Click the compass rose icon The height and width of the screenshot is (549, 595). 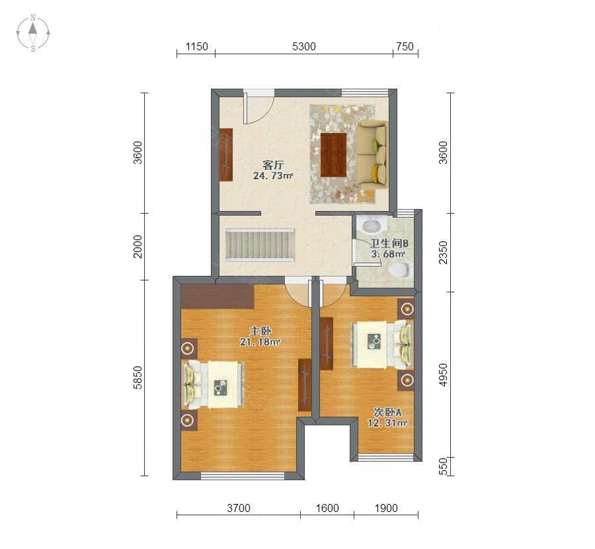click(x=33, y=32)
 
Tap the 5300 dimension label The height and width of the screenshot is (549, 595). click(x=304, y=46)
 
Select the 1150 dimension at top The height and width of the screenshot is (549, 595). click(x=196, y=46)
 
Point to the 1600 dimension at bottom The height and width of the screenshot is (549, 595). click(x=327, y=508)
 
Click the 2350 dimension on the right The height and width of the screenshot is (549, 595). click(x=443, y=252)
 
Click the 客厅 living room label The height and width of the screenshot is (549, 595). click(x=273, y=165)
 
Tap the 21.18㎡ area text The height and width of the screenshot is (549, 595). click(x=260, y=342)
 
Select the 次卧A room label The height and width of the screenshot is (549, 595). click(x=387, y=412)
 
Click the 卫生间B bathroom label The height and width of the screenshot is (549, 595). click(x=389, y=243)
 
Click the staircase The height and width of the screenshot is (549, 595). click(x=260, y=245)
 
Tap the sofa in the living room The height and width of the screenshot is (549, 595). click(x=372, y=155)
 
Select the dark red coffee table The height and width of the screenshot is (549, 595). click(x=334, y=155)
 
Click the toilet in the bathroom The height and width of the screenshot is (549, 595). click(x=399, y=270)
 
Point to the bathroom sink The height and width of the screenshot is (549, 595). click(x=372, y=225)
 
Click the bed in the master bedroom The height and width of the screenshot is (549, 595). click(x=214, y=384)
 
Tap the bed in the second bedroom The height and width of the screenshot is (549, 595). click(x=383, y=345)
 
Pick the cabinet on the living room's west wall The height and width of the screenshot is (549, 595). click(x=226, y=155)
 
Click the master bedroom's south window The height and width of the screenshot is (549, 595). click(x=243, y=476)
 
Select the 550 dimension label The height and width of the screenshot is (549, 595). click(x=443, y=466)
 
